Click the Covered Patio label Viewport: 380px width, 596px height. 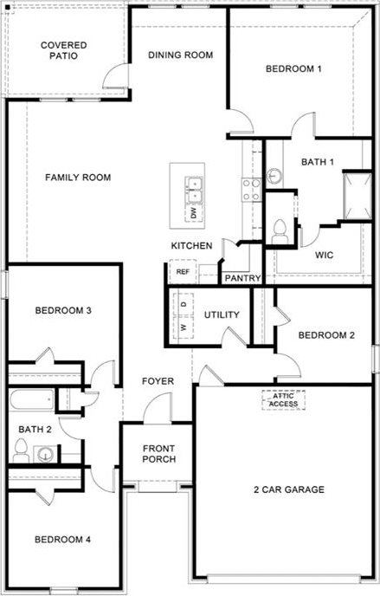click(x=64, y=50)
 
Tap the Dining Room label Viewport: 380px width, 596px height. click(x=180, y=55)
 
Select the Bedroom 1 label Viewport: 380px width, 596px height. click(x=293, y=68)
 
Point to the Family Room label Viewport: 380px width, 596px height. click(x=78, y=177)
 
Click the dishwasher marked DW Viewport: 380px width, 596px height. click(x=195, y=213)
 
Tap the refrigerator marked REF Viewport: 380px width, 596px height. click(x=183, y=271)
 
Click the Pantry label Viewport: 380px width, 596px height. click(x=242, y=278)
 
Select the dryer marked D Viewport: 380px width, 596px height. click(x=184, y=304)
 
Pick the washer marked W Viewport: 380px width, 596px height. click(x=184, y=327)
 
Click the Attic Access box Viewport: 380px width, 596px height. click(x=283, y=400)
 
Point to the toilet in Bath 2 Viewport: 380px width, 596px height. click(x=21, y=450)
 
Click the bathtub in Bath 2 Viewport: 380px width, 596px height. click(x=31, y=400)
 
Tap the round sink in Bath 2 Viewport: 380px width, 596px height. click(x=45, y=454)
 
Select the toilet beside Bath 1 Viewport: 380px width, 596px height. click(x=280, y=231)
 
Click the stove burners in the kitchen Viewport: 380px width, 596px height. click(x=252, y=190)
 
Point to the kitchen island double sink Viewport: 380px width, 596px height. click(x=194, y=190)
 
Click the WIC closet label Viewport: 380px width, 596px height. click(x=324, y=255)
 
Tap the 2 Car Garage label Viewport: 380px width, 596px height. click(x=289, y=489)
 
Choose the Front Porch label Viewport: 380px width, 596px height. click(x=158, y=454)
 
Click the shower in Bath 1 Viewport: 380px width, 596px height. click(x=357, y=196)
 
